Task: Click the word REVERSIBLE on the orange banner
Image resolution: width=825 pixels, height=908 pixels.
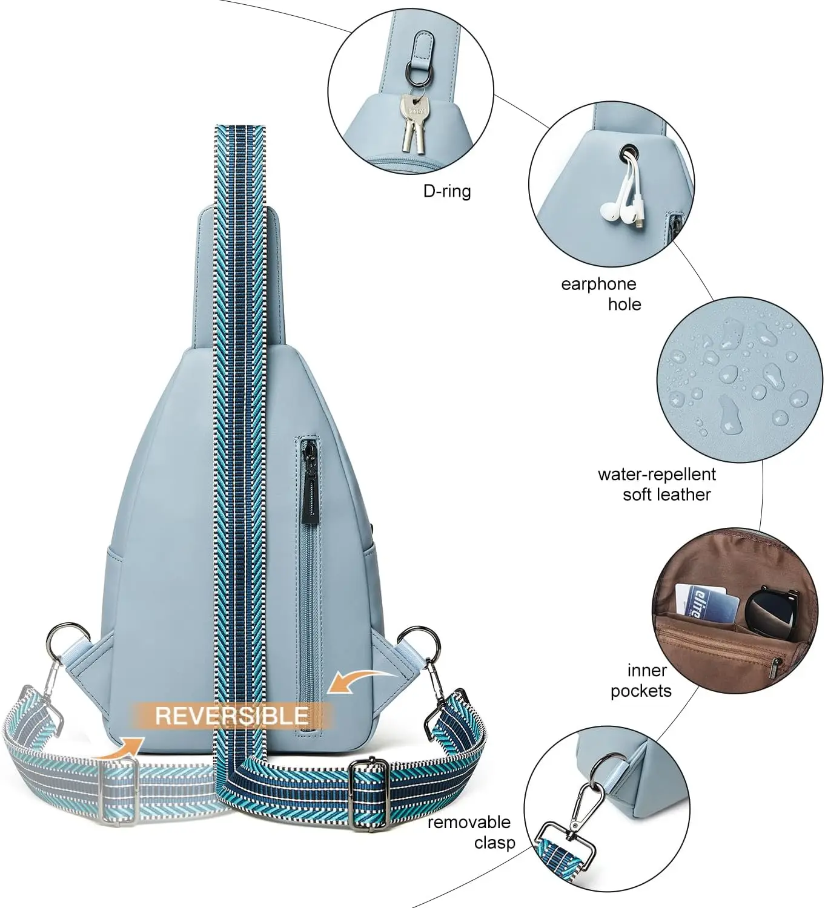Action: click(231, 716)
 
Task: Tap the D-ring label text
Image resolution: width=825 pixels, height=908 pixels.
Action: click(446, 191)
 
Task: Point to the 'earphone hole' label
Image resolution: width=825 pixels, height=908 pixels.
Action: click(598, 294)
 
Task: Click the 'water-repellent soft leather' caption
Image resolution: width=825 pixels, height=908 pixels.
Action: click(657, 484)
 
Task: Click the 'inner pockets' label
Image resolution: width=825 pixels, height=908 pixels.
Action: click(641, 680)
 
